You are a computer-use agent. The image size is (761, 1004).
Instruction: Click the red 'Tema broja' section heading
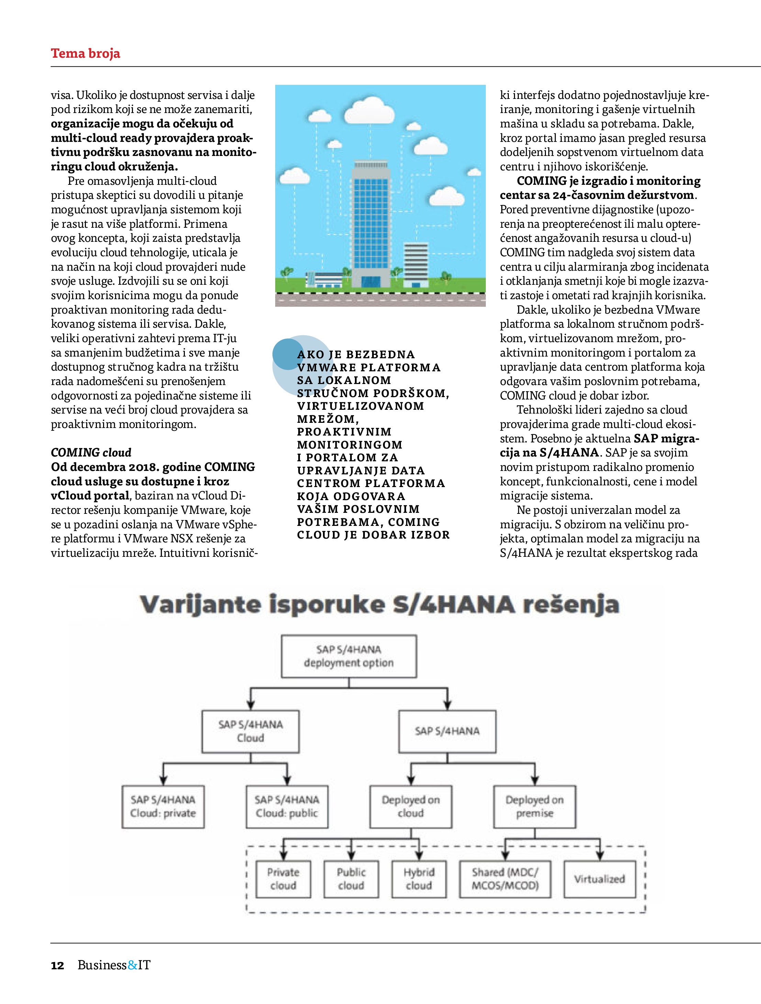point(85,54)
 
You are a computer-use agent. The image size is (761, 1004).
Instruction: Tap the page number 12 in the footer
point(57,978)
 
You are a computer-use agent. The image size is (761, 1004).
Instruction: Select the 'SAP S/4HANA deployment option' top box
point(349,656)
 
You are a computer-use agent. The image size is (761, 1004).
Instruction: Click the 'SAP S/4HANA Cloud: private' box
point(163,806)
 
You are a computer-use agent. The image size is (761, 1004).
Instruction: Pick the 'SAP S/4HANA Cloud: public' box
point(287,806)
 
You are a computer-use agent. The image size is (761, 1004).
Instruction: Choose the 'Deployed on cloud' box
point(411,806)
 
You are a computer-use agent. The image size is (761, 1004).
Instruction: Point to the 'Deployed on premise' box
point(535,806)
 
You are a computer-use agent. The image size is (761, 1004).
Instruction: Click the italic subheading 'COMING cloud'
point(91,452)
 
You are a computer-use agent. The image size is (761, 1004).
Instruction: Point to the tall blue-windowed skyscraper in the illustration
point(371,218)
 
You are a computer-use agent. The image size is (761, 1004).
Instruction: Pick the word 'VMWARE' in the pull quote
point(326,368)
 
